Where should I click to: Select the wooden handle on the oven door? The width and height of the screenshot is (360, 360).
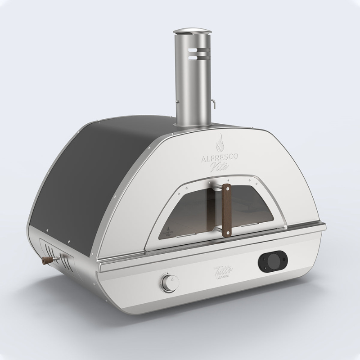[228, 210]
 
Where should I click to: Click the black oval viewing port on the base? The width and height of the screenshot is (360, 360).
[272, 262]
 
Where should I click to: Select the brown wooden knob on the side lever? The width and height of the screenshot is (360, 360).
[45, 261]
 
